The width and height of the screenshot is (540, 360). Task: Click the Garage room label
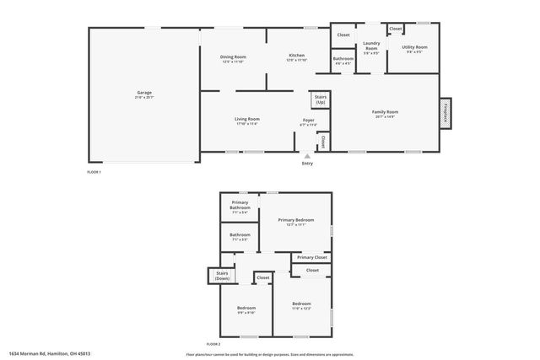(144, 93)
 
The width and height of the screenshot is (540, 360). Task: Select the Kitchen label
(296, 56)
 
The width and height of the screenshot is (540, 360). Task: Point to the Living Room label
(247, 120)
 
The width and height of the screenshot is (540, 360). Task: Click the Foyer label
(309, 121)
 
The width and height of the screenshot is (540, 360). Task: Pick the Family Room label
(386, 111)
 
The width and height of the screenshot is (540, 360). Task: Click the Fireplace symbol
(445, 112)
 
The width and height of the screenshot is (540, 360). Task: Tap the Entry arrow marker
(307, 155)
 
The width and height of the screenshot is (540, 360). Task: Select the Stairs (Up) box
(321, 99)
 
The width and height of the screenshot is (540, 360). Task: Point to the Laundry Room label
(371, 46)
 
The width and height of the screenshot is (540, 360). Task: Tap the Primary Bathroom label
(240, 207)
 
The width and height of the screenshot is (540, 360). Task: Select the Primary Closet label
(311, 257)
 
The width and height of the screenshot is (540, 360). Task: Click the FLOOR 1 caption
(94, 172)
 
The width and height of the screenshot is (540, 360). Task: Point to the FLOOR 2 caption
(213, 345)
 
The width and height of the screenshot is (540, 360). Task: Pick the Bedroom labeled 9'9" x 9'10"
(246, 309)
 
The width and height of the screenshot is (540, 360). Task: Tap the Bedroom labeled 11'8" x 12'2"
(302, 304)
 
